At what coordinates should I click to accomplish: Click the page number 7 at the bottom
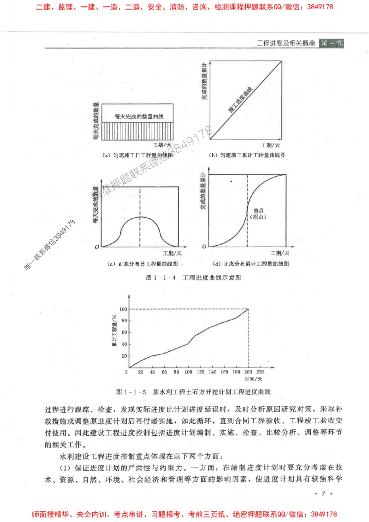point(323,494)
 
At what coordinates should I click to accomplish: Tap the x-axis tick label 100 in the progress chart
point(188,372)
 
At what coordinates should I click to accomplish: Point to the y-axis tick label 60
point(122,332)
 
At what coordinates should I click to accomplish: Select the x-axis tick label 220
point(261,372)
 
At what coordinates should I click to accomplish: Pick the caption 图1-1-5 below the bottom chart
point(131,392)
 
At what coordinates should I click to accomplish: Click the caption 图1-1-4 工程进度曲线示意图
point(193,278)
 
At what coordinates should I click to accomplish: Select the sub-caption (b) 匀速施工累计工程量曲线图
point(247,155)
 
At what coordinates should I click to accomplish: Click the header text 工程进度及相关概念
point(286,43)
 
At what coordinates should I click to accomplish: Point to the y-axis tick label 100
point(121,309)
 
